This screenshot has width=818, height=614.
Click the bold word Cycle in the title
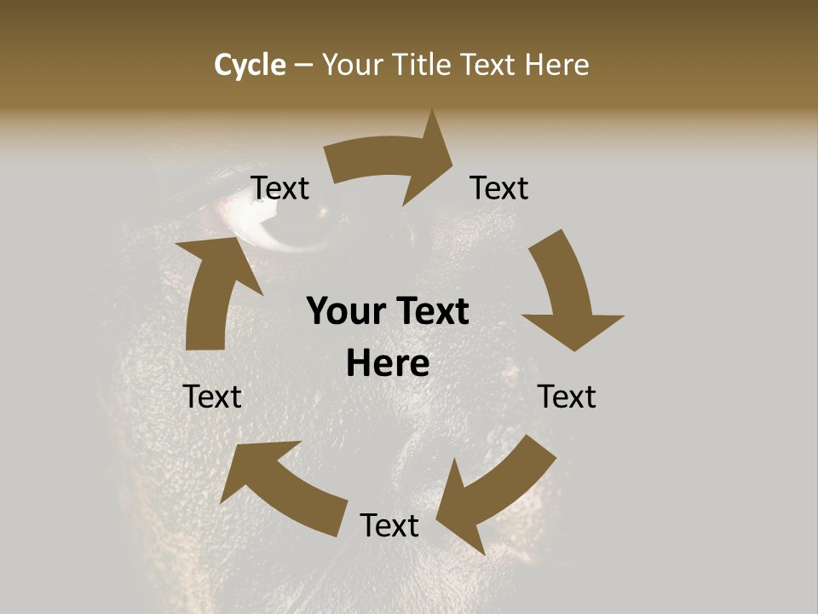coord(250,65)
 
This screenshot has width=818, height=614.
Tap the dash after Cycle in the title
coord(304,65)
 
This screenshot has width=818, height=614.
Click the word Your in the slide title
coord(351,65)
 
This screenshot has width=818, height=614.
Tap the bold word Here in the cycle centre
coord(388,364)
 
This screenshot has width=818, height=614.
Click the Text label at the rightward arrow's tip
coord(499,188)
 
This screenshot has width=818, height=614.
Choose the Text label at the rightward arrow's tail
coord(280,188)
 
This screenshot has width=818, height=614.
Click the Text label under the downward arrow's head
coord(567,397)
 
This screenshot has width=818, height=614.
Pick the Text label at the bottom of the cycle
coord(389,525)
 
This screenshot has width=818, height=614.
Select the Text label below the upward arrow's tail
coord(212,397)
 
